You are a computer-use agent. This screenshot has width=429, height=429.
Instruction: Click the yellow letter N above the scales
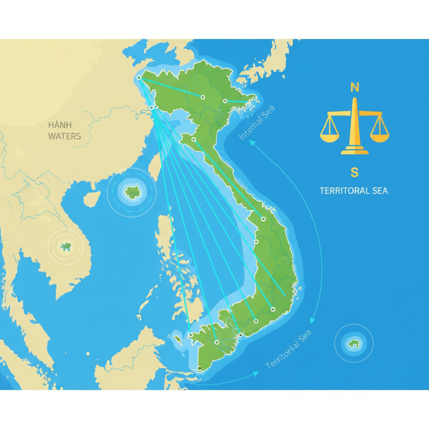click(354, 87)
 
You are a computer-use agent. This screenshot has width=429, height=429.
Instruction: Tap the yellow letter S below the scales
click(354, 172)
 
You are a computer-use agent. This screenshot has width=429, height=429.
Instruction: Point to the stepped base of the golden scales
click(354, 150)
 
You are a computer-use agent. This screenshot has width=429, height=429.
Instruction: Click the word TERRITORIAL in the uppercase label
click(340, 191)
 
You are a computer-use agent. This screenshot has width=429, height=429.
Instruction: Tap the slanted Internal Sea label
click(256, 123)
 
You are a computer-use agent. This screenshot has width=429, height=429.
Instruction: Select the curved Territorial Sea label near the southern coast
click(289, 349)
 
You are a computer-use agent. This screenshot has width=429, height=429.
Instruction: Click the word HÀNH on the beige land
click(60, 125)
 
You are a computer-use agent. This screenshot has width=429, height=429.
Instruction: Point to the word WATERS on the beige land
click(65, 136)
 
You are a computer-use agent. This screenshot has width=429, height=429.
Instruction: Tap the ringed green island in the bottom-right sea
click(354, 344)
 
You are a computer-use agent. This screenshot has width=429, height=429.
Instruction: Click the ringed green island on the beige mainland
click(66, 247)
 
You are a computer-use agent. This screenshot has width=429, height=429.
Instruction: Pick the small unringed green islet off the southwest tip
click(178, 338)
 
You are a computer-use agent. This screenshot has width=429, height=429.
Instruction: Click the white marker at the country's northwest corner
click(139, 78)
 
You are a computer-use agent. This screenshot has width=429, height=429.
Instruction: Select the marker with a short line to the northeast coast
click(225, 101)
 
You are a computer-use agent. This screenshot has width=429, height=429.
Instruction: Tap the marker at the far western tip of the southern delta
click(191, 335)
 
